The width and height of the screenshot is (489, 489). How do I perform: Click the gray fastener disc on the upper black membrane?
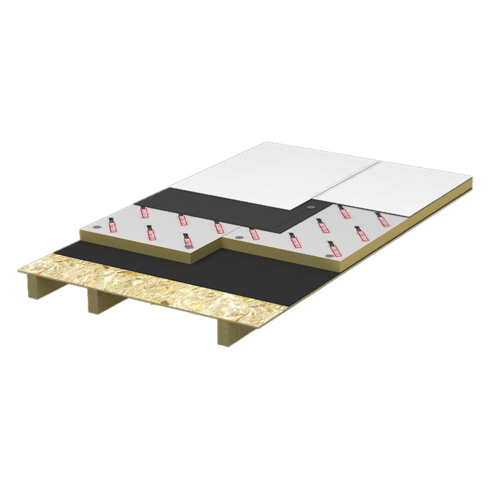point(311,206)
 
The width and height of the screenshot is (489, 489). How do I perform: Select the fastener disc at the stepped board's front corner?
point(188,246)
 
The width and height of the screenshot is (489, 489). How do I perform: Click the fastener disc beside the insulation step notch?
point(239,237)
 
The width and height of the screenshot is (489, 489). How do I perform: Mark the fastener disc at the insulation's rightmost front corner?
point(326,256)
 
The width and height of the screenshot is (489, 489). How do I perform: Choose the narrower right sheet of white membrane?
point(398,181)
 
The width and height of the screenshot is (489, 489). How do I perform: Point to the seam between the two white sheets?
point(349,181)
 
